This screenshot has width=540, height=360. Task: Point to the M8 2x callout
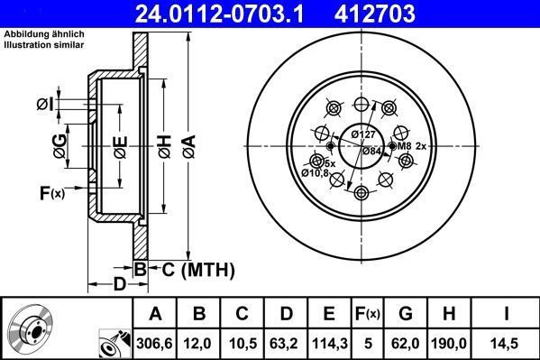[409, 145]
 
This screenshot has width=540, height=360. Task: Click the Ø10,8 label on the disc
[316, 171]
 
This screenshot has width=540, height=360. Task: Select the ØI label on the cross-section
[45, 106]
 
